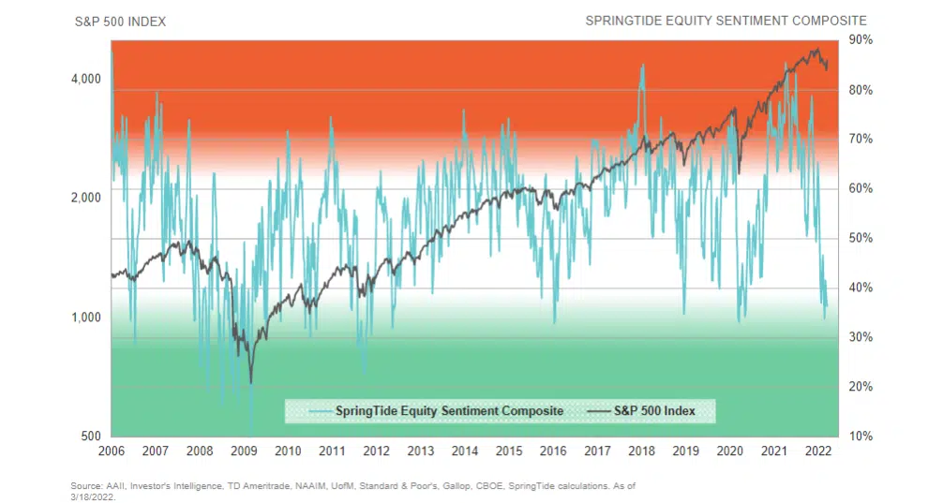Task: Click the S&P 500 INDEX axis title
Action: pyautogui.click(x=120, y=21)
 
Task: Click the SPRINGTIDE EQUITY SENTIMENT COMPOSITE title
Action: pyautogui.click(x=726, y=21)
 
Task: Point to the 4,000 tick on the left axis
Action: pyautogui.click(x=86, y=79)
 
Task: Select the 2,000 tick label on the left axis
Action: pyautogui.click(x=86, y=198)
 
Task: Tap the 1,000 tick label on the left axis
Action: pyautogui.click(x=86, y=318)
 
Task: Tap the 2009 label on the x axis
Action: pyautogui.click(x=244, y=451)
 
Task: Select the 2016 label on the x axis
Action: pyautogui.click(x=553, y=451)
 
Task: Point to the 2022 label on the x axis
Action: pyautogui.click(x=817, y=451)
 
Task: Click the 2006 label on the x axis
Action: pyautogui.click(x=112, y=451)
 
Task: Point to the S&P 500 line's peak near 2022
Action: pyautogui.click(x=816, y=50)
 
